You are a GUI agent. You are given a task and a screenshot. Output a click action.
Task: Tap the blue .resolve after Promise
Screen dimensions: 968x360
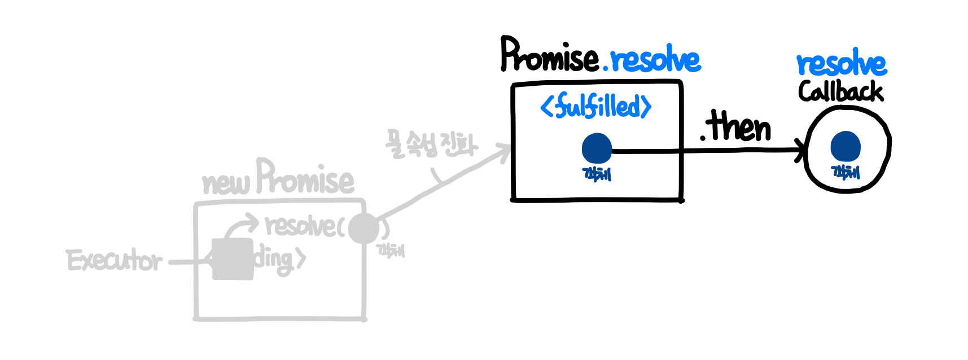pos(652,59)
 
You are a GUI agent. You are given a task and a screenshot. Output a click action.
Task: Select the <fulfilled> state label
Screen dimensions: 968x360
pos(596,106)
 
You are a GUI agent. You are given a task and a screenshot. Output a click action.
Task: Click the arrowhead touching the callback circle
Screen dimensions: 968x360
pos(801,151)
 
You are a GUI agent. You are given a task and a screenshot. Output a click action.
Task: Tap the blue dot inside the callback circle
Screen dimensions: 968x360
pos(845,147)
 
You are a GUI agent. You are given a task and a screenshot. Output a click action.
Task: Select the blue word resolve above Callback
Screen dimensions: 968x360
pos(841,64)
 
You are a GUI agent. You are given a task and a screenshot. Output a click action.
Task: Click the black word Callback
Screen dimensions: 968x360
pos(840,91)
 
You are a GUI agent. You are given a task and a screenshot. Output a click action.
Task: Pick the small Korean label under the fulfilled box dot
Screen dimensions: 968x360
pos(597,174)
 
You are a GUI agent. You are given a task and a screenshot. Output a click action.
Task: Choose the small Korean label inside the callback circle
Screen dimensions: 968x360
pos(845,172)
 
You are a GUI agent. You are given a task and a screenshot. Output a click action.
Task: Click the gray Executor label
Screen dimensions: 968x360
pos(115,261)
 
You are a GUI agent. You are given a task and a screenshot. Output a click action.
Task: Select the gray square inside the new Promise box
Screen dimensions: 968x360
pos(232,259)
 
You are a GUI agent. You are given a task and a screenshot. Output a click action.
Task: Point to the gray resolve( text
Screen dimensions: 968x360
pos(304,226)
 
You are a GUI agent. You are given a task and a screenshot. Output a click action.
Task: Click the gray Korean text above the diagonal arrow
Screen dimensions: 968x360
pos(431,144)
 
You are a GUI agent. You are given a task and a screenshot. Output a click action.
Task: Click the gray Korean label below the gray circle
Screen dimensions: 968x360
pos(391,250)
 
